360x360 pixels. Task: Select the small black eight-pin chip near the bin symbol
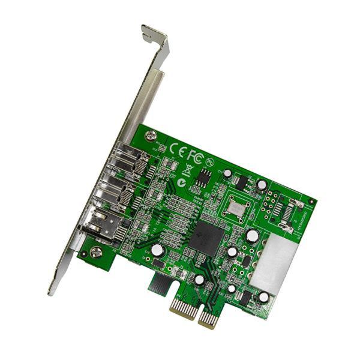205,176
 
